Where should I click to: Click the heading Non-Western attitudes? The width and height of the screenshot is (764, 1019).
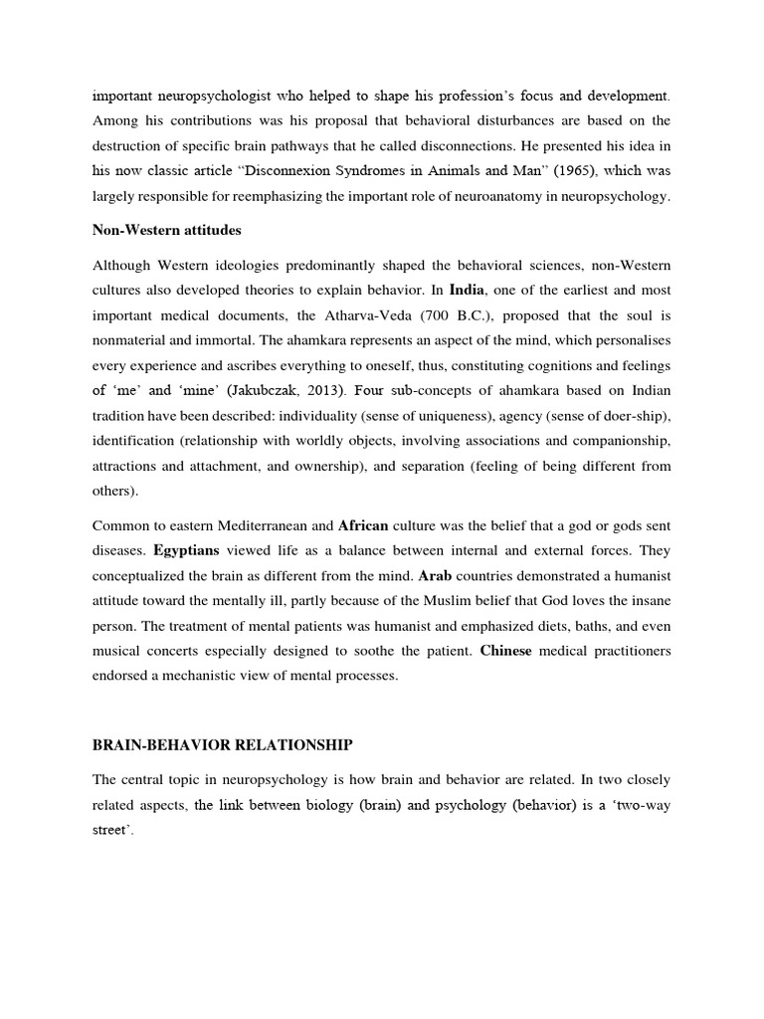(x=167, y=229)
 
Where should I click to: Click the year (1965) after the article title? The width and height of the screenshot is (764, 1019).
(x=571, y=171)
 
